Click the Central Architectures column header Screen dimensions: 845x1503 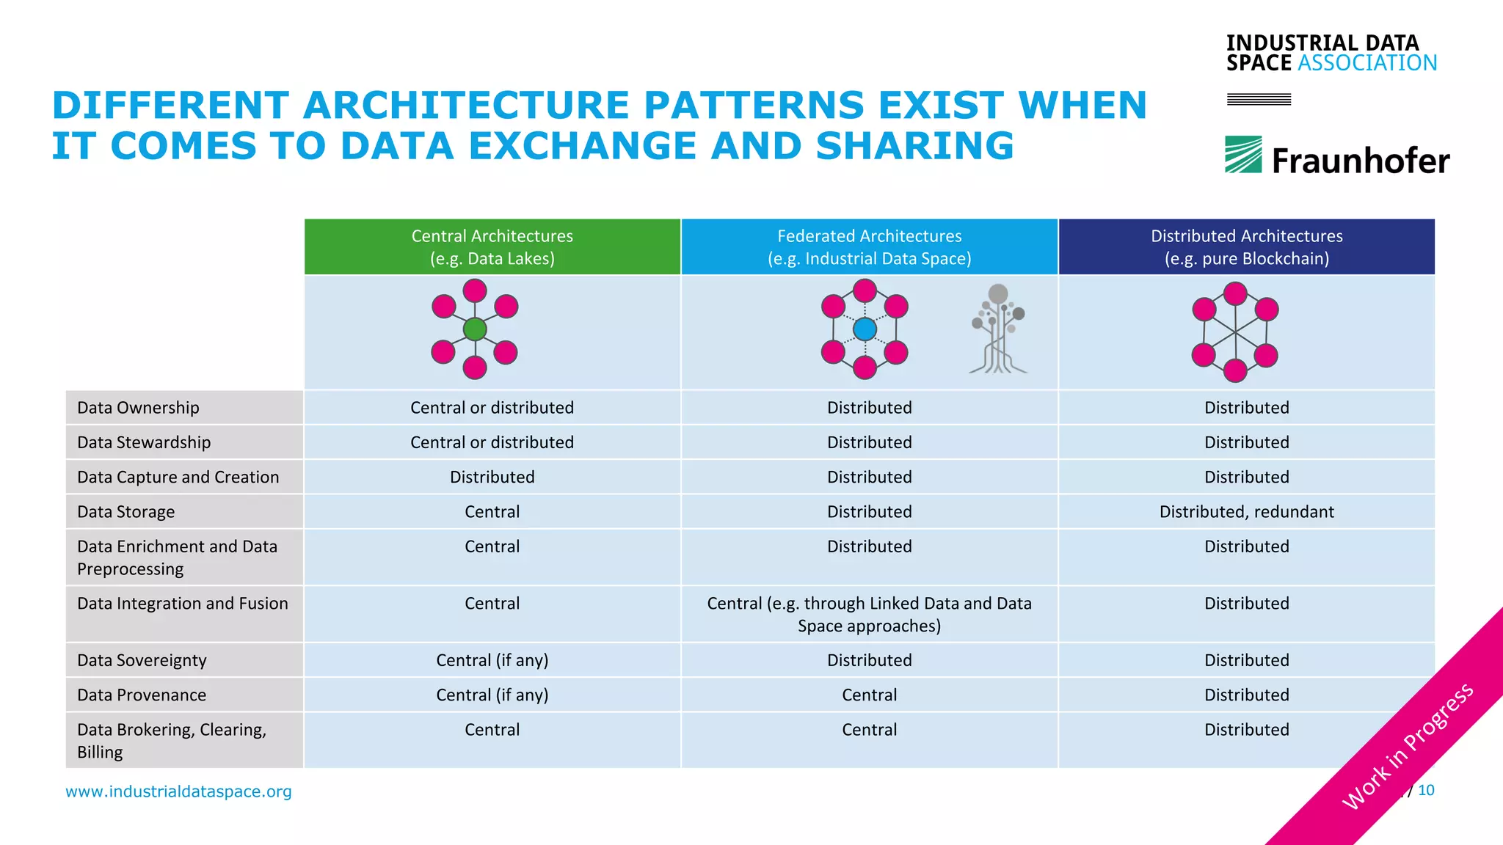pyautogui.click(x=492, y=247)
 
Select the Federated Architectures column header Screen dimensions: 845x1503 pyautogui.click(x=869, y=247)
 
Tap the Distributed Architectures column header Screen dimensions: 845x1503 pyautogui.click(x=1246, y=247)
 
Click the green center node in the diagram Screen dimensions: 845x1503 pyautogui.click(x=475, y=329)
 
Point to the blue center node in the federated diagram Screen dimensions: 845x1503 pyautogui.click(x=865, y=329)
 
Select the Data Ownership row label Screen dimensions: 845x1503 pyautogui.click(x=138, y=408)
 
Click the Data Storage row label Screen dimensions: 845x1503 pyautogui.click(x=126, y=512)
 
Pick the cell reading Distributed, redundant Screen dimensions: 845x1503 pyautogui.click(x=1246, y=512)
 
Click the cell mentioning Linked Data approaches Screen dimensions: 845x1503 pyautogui.click(x=869, y=615)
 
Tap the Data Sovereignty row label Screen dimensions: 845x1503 pyautogui.click(x=142, y=661)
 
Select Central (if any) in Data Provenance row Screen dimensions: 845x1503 pyautogui.click(x=492, y=695)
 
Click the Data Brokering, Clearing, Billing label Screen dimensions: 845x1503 pyautogui.click(x=171, y=741)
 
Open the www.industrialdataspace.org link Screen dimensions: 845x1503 pyautogui.click(x=178, y=791)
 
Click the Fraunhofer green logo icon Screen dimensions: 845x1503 pyautogui.click(x=1243, y=155)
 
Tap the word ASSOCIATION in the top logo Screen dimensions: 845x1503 pyautogui.click(x=1366, y=63)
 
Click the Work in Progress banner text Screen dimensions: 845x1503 pyautogui.click(x=1407, y=747)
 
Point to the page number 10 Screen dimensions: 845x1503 pyautogui.click(x=1426, y=791)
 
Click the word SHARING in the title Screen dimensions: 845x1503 pyautogui.click(x=914, y=146)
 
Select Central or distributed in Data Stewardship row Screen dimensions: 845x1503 pyautogui.click(x=492, y=443)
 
